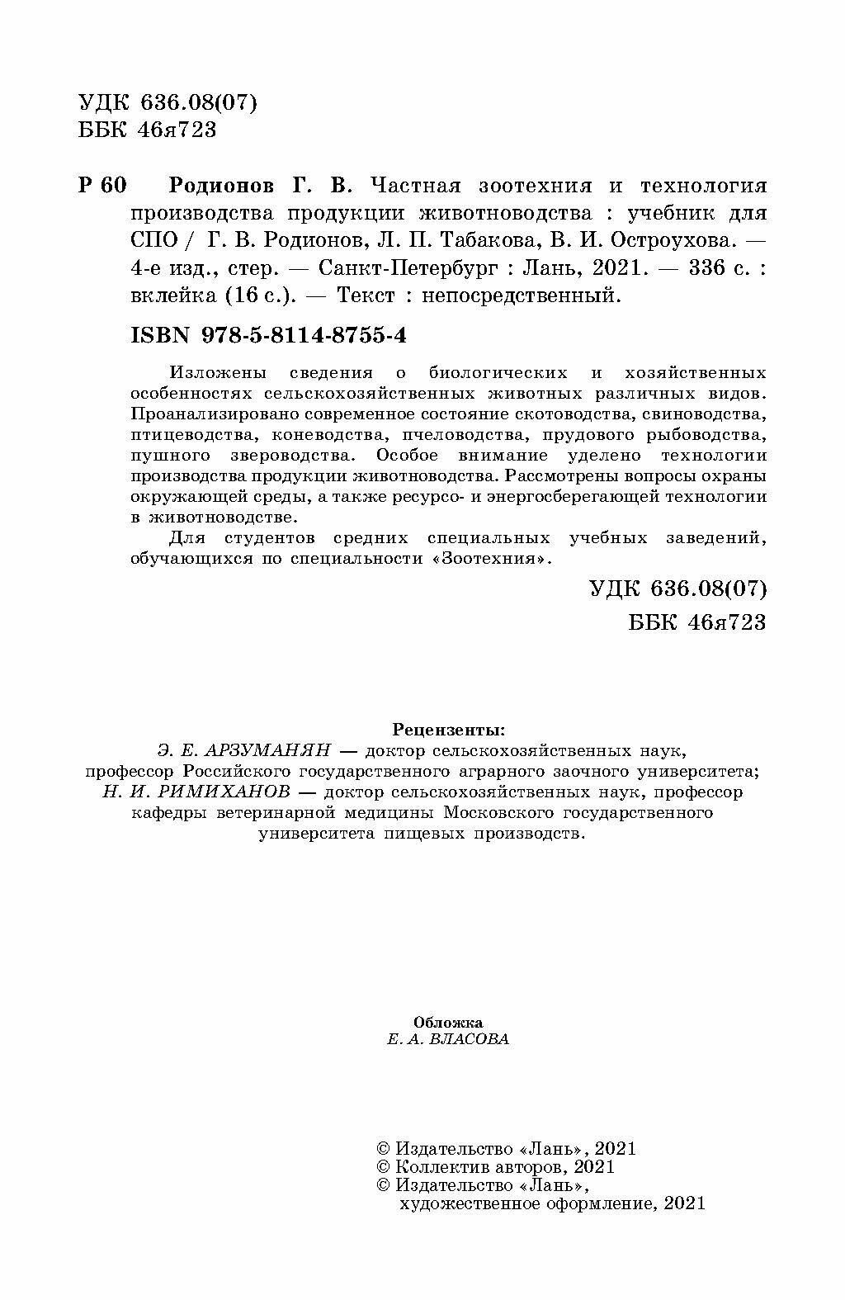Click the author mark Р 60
[x=102, y=186]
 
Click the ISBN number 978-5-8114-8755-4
[x=300, y=336]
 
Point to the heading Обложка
[x=447, y=1022]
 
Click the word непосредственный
[x=519, y=295]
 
